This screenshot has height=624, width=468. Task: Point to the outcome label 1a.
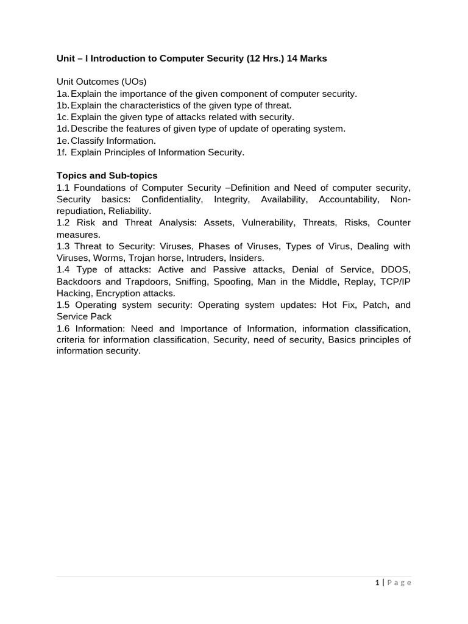(63, 94)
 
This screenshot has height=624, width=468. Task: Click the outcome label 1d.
(63, 129)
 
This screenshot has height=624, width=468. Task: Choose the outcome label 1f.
(62, 152)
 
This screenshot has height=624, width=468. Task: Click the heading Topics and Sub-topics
(107, 175)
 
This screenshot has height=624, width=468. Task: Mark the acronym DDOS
(395, 269)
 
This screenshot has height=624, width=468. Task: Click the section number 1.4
(64, 269)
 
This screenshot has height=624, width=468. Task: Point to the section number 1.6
(64, 328)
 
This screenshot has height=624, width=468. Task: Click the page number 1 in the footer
(378, 583)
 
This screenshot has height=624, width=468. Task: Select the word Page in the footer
(400, 583)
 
